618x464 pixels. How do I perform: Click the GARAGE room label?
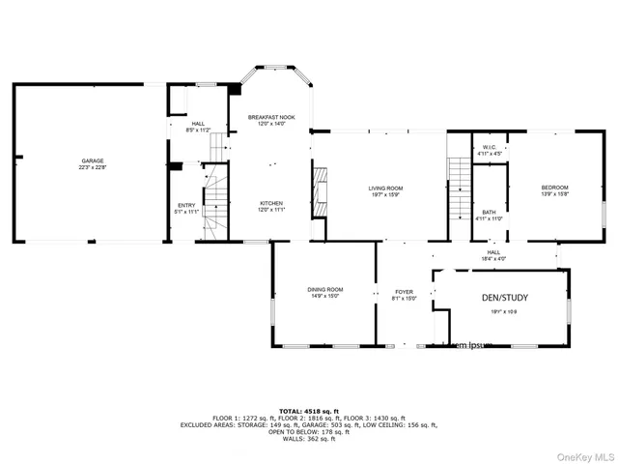click(x=93, y=160)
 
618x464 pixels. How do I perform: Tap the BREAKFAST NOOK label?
click(x=270, y=117)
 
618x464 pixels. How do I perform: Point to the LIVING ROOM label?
click(x=385, y=188)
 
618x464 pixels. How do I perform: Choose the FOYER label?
click(x=404, y=291)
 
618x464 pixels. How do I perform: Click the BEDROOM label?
click(x=554, y=187)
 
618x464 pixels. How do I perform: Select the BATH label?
click(x=490, y=212)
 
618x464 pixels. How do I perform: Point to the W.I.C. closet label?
click(x=490, y=148)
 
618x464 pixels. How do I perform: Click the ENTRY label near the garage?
click(x=185, y=205)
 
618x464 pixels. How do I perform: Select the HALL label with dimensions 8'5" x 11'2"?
click(x=197, y=124)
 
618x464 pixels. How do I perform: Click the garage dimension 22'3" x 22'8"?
click(x=93, y=167)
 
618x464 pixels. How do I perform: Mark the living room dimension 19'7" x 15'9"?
click(x=385, y=194)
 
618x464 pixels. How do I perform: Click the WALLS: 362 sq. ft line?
click(x=308, y=438)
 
